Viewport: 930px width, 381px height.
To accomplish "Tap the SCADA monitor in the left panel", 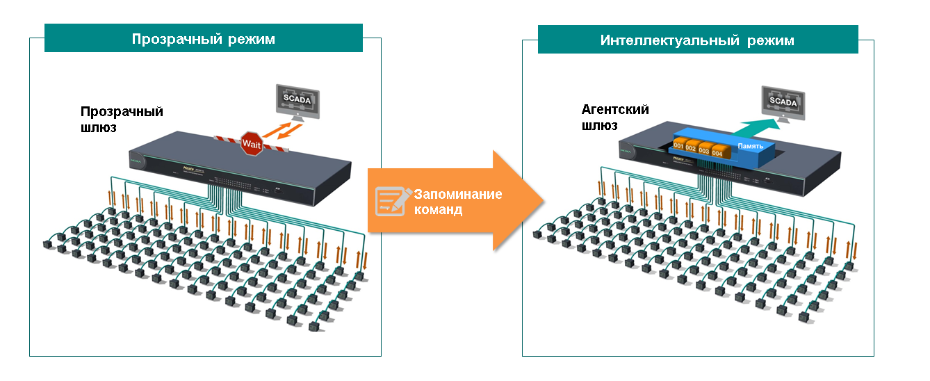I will [x=297, y=102].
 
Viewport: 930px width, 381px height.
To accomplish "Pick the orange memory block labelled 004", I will [x=717, y=153].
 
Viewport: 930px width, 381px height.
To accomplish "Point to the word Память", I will [x=750, y=147].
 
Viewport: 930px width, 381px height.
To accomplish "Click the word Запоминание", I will [x=457, y=194].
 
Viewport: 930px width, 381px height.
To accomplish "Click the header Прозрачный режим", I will [x=203, y=39].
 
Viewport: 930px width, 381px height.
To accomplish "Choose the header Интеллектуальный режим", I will [x=697, y=40].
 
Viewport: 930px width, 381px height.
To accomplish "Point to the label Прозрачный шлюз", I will [x=122, y=119].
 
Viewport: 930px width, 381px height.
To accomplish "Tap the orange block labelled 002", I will [x=691, y=149].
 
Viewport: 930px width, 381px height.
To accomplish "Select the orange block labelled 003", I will [x=704, y=151].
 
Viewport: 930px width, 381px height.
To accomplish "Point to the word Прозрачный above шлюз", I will [x=122, y=111].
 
